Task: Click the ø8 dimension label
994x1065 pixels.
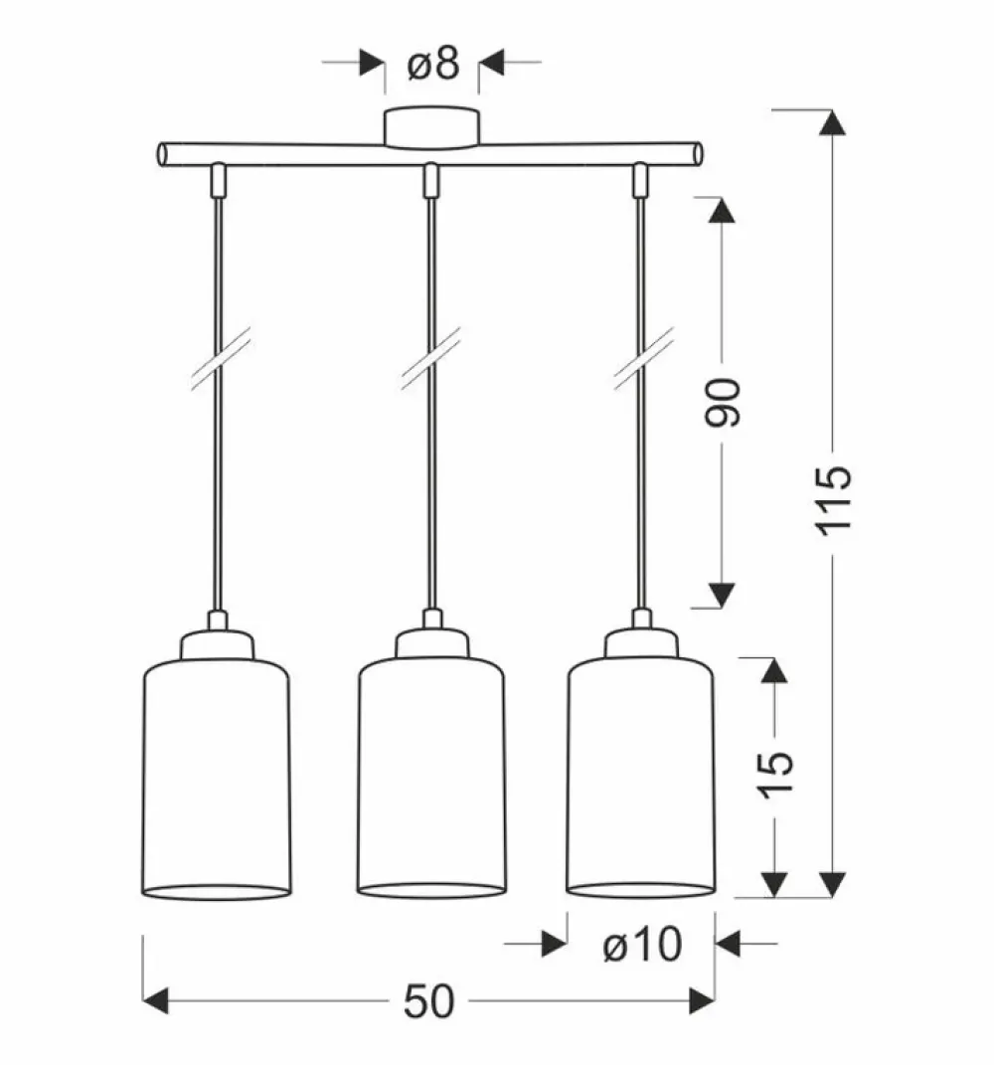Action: coord(432,65)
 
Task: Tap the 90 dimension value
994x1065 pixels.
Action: coord(726,402)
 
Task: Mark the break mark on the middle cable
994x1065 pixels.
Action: coord(430,356)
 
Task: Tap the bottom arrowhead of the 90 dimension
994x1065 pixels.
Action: coord(723,594)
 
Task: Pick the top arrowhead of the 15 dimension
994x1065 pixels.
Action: coord(774,672)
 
